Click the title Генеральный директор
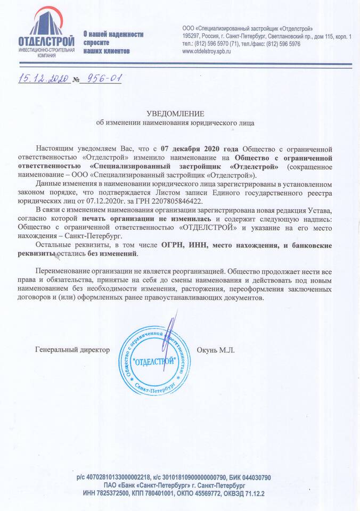(72, 350)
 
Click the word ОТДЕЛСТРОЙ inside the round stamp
(154, 361)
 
